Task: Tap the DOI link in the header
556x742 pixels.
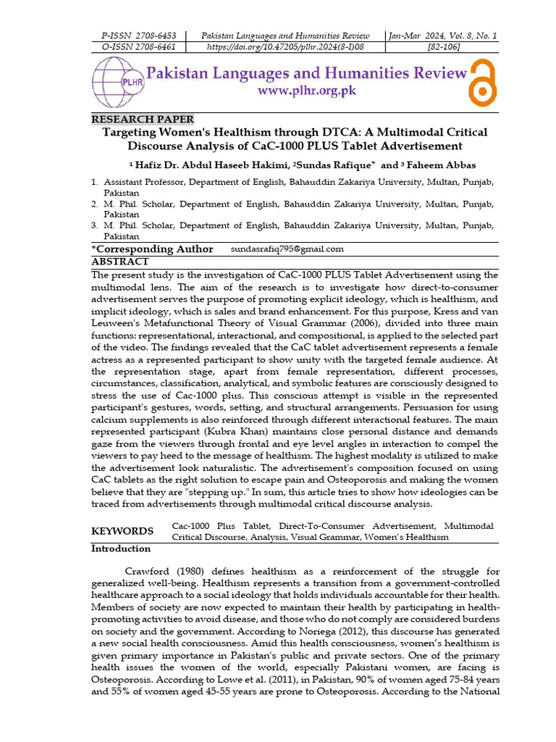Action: point(285,47)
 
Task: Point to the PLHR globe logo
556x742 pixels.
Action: point(116,81)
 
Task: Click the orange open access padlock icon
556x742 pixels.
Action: point(483,81)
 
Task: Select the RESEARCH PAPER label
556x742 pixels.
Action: point(143,120)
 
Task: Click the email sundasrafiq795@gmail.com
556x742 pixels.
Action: point(287,249)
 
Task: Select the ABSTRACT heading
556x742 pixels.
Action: point(120,262)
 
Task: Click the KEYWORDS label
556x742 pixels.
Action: point(122,531)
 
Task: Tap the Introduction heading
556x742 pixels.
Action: point(121,549)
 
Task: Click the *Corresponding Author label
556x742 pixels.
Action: point(152,249)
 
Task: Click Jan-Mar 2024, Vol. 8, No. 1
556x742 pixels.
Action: point(442,36)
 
